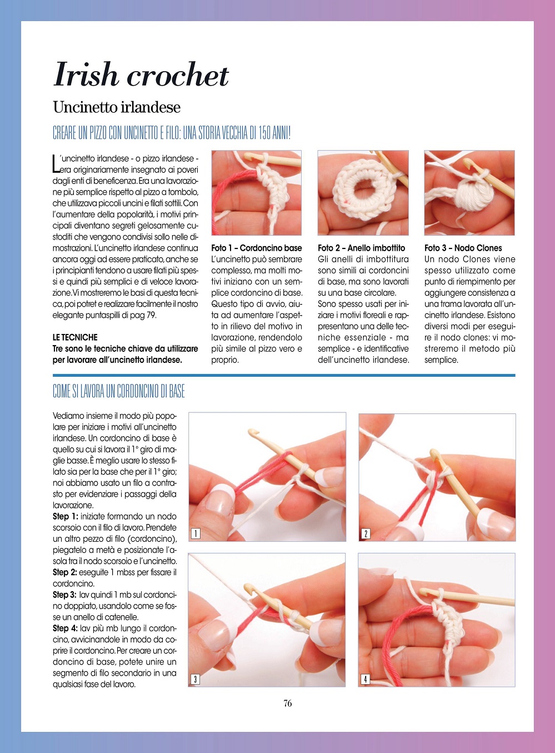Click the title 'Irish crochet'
click(x=141, y=74)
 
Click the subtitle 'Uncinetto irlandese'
click(x=117, y=108)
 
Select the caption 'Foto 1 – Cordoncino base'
click(x=257, y=248)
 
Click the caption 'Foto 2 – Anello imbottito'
click(x=361, y=248)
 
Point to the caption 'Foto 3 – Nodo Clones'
click(x=463, y=248)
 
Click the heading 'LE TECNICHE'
click(x=75, y=337)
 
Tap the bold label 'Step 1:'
click(x=66, y=516)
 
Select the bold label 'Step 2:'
click(x=66, y=572)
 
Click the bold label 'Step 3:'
click(x=65, y=595)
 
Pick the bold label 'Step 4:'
click(x=66, y=629)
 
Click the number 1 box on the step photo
click(x=196, y=533)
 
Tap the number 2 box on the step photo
click(x=366, y=533)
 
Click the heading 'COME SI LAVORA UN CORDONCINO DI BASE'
click(x=119, y=391)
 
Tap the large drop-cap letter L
click(x=56, y=164)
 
